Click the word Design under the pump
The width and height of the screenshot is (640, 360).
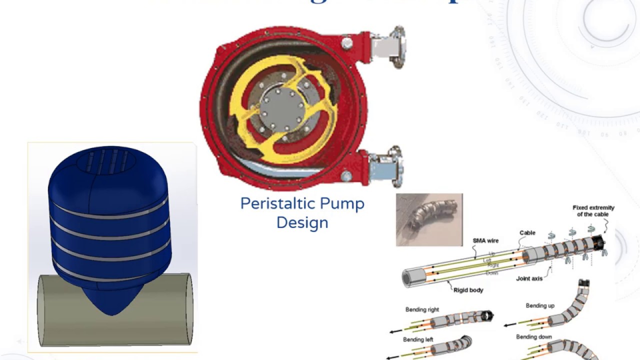pyautogui.click(x=302, y=222)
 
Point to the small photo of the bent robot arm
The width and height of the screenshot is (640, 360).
pyautogui.click(x=429, y=219)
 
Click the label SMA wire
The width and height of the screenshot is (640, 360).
pyautogui.click(x=485, y=240)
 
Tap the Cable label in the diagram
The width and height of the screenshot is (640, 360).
pyautogui.click(x=527, y=232)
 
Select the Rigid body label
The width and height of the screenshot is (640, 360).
pyautogui.click(x=468, y=290)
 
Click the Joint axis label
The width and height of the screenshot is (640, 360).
pyautogui.click(x=529, y=278)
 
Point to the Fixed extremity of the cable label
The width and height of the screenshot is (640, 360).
pyautogui.click(x=593, y=210)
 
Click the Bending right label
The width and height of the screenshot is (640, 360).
pyautogui.click(x=422, y=309)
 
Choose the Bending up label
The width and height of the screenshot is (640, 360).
pyautogui.click(x=539, y=305)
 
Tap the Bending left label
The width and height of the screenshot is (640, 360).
pyautogui.click(x=418, y=339)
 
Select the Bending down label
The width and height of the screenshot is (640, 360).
pyautogui.click(x=533, y=337)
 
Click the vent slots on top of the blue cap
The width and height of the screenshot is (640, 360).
pyautogui.click(x=108, y=161)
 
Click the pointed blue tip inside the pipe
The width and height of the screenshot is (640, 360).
pyautogui.click(x=111, y=302)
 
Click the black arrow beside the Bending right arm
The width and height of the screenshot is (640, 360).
pyautogui.click(x=397, y=330)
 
